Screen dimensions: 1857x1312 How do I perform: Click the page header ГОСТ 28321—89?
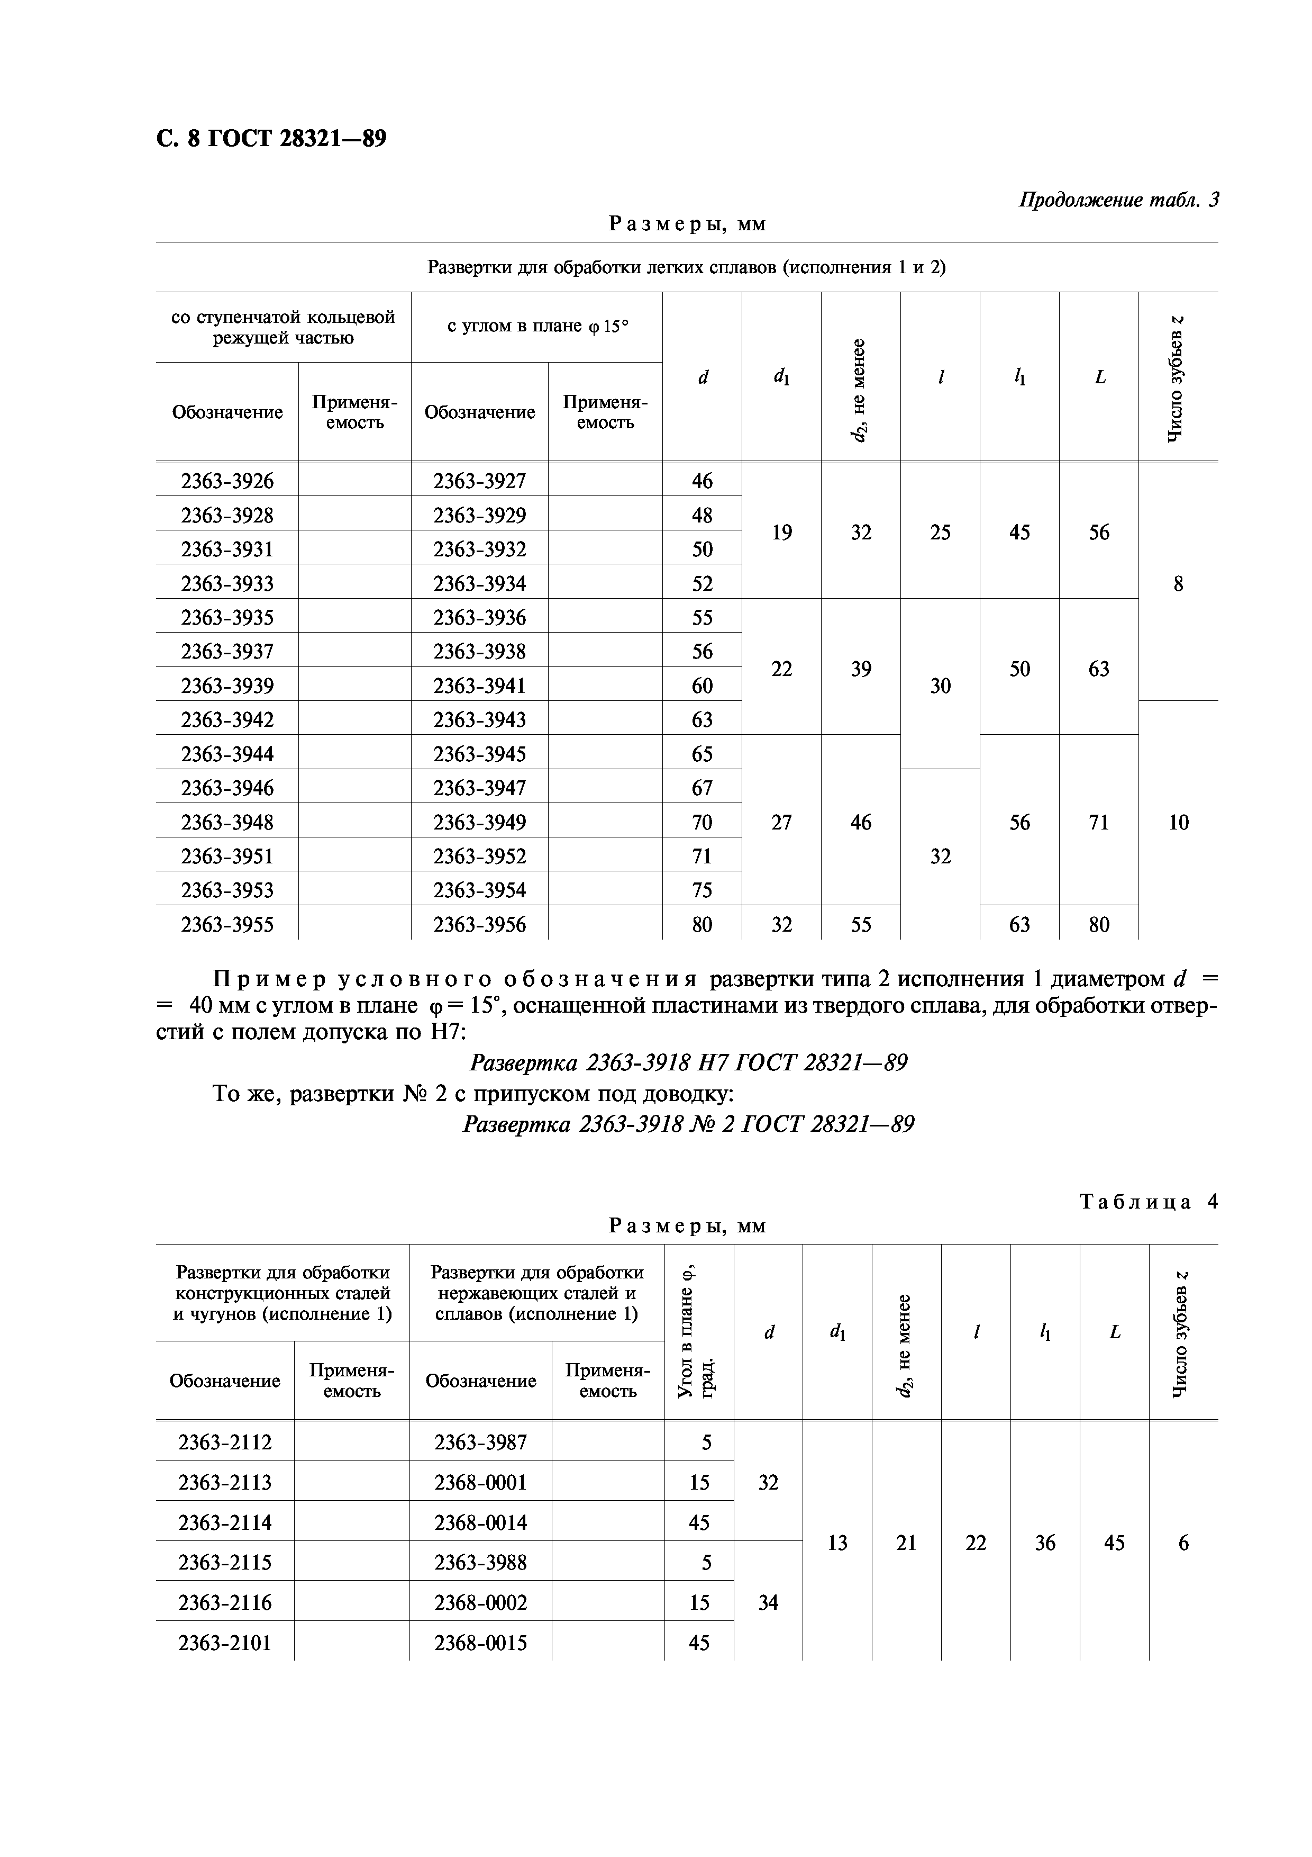tap(271, 139)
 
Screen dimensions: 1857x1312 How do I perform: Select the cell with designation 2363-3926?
tap(227, 481)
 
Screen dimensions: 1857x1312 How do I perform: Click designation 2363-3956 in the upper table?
tap(479, 924)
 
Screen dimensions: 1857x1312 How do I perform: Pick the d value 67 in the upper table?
tap(701, 788)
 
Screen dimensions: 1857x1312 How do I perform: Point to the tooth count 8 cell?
tap(1178, 583)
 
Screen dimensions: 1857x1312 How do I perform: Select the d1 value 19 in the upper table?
tap(781, 532)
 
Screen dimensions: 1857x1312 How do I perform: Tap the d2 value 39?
tap(861, 669)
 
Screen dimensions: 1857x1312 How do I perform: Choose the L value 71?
tap(1099, 823)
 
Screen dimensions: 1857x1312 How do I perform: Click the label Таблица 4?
tap(1148, 1201)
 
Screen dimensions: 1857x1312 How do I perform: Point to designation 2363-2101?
tap(225, 1643)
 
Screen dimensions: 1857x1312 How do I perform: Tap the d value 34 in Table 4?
tap(768, 1602)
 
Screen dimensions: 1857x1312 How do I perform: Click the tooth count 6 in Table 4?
tap(1183, 1543)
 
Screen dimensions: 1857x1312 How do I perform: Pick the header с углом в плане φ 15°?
tap(537, 326)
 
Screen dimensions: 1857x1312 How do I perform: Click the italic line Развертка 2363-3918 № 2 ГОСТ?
tap(688, 1124)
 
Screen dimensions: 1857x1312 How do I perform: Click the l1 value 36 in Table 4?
tap(1044, 1543)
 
